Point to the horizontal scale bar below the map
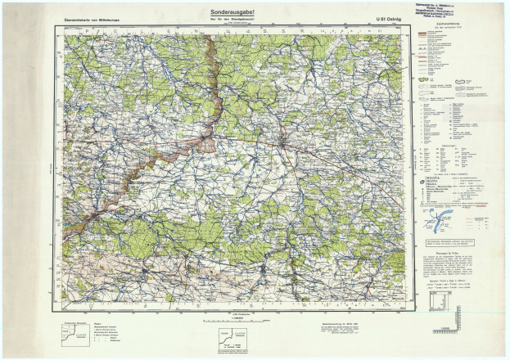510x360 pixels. pos(233,321)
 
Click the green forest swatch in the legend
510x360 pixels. pos(426,82)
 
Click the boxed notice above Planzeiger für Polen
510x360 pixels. pos(449,243)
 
